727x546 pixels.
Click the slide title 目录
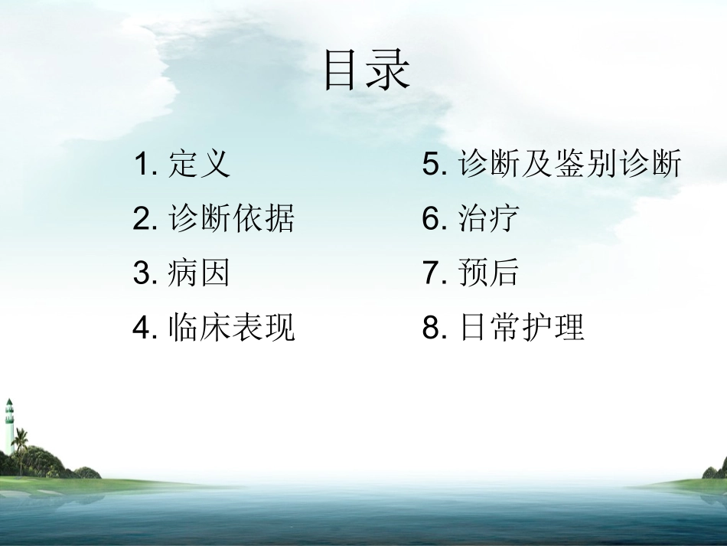click(367, 70)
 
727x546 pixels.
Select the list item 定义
click(199, 165)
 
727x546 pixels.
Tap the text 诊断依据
click(231, 220)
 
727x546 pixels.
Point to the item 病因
click(199, 273)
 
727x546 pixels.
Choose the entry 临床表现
click(231, 329)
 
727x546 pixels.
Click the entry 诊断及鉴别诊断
click(569, 165)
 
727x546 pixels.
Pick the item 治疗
click(489, 220)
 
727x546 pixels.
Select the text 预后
click(489, 273)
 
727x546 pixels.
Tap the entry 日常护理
click(521, 329)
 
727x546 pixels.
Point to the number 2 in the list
click(143, 221)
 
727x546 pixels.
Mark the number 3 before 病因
click(143, 274)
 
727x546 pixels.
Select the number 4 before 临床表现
click(143, 329)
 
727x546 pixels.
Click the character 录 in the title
click(390, 70)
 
